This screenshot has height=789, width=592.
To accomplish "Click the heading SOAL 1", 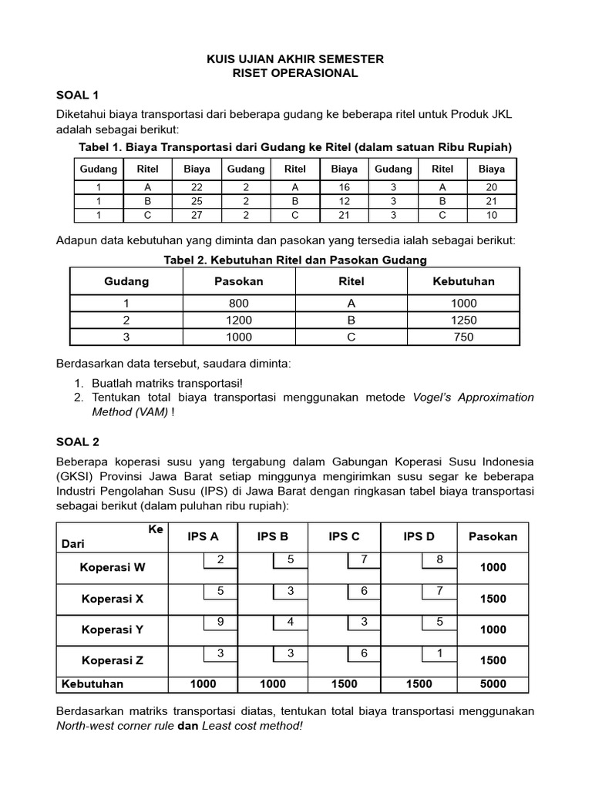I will [78, 96].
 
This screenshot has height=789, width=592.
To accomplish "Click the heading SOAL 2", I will [78, 442].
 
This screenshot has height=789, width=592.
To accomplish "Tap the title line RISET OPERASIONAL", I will [296, 74].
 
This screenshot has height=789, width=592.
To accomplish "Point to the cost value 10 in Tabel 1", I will [491, 215].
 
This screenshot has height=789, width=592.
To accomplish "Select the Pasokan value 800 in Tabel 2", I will [239, 304].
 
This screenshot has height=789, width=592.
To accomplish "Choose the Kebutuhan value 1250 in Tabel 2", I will [464, 321].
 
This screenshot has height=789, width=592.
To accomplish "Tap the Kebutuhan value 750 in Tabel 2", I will [464, 337].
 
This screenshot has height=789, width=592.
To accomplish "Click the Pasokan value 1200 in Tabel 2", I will [239, 321].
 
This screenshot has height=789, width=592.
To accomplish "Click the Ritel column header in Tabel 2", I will [351, 281].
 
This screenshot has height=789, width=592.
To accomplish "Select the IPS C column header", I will [344, 536].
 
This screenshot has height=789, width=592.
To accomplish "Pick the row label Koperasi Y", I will [113, 630].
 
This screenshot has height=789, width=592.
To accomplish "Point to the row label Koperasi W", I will [113, 568].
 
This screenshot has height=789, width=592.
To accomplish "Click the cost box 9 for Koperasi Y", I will [220, 621].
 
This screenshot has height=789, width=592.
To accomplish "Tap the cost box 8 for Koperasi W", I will [439, 559].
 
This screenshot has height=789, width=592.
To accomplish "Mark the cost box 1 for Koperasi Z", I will [439, 653].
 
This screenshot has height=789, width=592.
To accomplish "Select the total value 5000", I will [493, 684].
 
